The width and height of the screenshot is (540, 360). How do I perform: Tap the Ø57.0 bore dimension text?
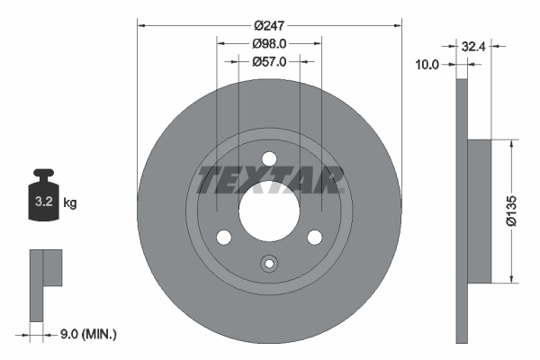pyautogui.click(x=268, y=62)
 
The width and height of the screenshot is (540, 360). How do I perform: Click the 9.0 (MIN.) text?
pyautogui.click(x=86, y=334)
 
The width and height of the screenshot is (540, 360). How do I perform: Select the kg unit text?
pyautogui.click(x=70, y=203)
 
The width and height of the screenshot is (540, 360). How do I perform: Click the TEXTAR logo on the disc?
pyautogui.click(x=269, y=181)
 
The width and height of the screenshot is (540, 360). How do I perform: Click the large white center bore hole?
pyautogui.click(x=268, y=211)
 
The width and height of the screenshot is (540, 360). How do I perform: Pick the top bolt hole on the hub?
pyautogui.click(x=268, y=159)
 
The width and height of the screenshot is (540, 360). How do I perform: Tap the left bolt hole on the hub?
pyautogui.click(x=223, y=237)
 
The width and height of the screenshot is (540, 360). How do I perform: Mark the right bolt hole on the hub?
pyautogui.click(x=314, y=237)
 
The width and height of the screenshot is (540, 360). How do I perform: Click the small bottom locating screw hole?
pyautogui.click(x=268, y=264)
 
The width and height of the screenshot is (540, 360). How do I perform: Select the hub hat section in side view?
pyautogui.click(x=480, y=211)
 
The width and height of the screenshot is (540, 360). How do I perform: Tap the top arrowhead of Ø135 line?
pyautogui.click(x=513, y=143)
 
